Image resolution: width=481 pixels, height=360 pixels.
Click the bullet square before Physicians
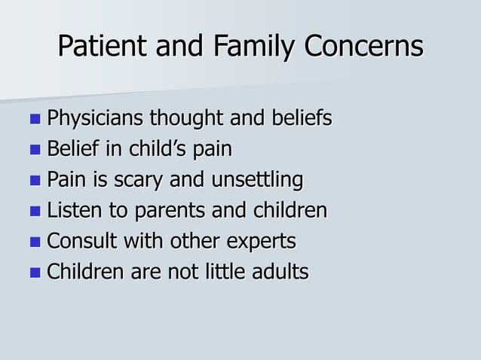(x=35, y=120)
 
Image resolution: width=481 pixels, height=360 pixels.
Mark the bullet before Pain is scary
(x=35, y=182)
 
